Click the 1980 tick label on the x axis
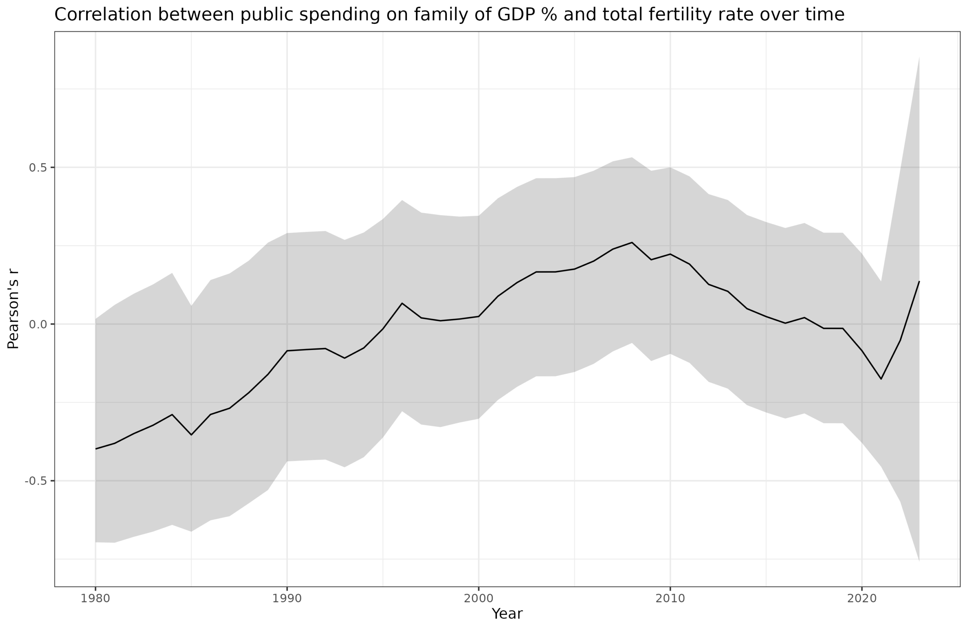point(95,598)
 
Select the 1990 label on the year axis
point(287,598)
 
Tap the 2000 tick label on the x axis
point(478,598)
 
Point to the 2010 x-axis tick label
point(670,598)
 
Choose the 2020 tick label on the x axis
point(861,598)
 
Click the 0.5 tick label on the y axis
point(38,167)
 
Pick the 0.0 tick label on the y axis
point(38,324)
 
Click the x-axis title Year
point(507,614)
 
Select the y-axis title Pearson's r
point(13,309)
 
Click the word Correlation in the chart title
point(103,15)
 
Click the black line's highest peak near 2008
point(631,242)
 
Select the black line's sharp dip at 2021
point(881,379)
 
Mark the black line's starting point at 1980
point(96,449)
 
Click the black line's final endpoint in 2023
point(919,281)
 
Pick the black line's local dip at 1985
point(191,435)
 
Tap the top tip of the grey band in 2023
point(919,57)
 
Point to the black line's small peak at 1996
point(402,303)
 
